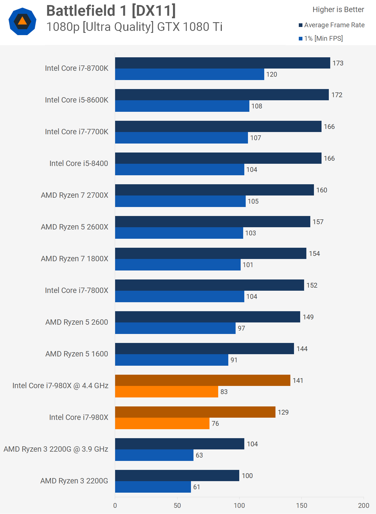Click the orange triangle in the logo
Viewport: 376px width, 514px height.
[22, 21]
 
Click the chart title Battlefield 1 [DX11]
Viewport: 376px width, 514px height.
[111, 11]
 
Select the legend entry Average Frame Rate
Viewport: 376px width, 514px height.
[334, 25]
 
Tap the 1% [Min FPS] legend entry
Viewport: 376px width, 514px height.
[323, 38]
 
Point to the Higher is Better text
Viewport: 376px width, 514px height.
[338, 10]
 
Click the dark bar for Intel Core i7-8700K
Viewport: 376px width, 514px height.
[222, 63]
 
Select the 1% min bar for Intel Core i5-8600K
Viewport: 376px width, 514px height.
[182, 106]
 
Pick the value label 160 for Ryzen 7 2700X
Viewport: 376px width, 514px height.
[322, 190]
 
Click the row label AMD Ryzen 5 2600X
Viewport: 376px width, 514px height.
[74, 227]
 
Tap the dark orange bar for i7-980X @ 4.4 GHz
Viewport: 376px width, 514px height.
[202, 380]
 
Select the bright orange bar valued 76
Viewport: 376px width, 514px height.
[162, 423]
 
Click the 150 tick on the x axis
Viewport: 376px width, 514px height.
[301, 506]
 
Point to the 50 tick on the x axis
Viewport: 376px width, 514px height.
[177, 506]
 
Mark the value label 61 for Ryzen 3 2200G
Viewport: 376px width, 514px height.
[197, 487]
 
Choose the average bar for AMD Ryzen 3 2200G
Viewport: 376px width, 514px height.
[177, 476]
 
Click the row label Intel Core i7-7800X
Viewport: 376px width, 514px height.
[76, 290]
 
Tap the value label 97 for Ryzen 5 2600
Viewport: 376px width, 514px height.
[241, 328]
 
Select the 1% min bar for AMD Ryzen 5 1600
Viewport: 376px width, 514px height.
[172, 360]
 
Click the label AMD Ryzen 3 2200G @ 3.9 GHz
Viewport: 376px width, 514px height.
[56, 449]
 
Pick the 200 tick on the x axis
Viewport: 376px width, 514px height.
[363, 506]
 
